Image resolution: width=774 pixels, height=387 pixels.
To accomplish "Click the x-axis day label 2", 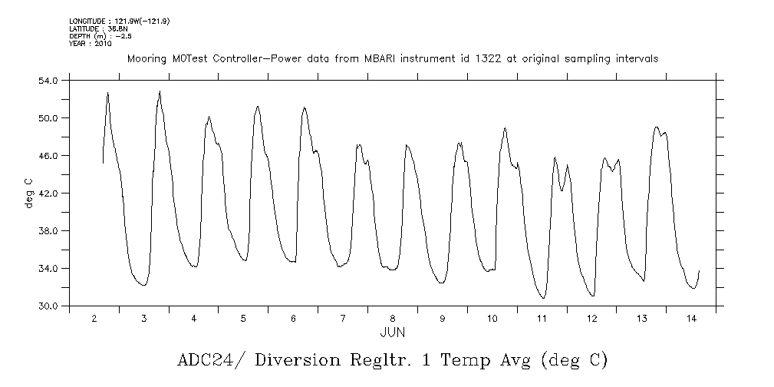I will (x=94, y=318).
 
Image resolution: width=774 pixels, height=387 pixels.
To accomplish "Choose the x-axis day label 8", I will (x=393, y=318).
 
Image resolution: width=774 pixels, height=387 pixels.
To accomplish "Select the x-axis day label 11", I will (x=542, y=318).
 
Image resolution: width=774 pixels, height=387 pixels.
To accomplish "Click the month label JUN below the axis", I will (x=393, y=332).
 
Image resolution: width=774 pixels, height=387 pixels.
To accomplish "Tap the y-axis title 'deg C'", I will (x=28, y=193).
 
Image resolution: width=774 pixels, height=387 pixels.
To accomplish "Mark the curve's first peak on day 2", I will (x=107, y=92).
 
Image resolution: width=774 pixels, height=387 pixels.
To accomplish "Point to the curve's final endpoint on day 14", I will (x=699, y=270).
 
